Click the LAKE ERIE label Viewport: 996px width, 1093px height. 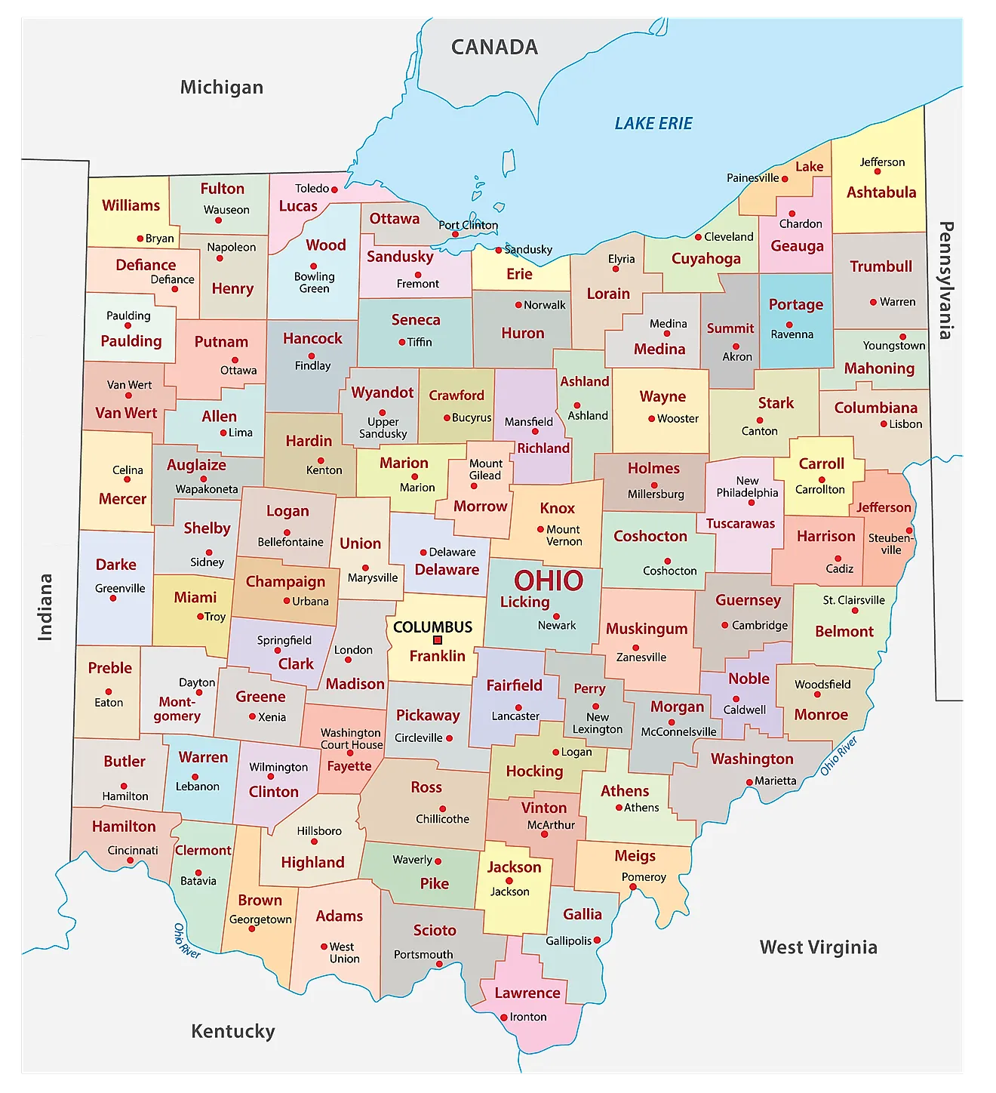[x=653, y=124]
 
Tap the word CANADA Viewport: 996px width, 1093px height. [x=494, y=48]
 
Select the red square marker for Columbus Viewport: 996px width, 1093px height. [x=438, y=640]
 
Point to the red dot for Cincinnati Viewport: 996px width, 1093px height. [x=124, y=861]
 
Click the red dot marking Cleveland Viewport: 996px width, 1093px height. [x=698, y=237]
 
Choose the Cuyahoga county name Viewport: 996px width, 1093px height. [x=705, y=259]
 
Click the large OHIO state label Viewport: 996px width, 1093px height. [x=549, y=580]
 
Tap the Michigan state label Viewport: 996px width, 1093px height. [x=221, y=88]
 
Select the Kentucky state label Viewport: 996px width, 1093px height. [x=232, y=1031]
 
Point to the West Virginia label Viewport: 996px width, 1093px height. [x=818, y=947]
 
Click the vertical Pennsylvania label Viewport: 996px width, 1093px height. [x=945, y=280]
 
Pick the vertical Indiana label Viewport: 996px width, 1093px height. [x=45, y=607]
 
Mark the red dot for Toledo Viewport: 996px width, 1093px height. [x=334, y=189]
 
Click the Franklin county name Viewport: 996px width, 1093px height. [x=437, y=656]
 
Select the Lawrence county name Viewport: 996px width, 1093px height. [x=527, y=993]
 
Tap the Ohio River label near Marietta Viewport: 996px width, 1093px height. [x=839, y=756]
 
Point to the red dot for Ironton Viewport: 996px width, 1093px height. [x=504, y=1018]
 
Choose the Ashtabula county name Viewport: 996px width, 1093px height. [x=881, y=192]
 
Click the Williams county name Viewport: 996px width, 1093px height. [x=131, y=205]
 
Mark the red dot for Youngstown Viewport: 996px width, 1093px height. [x=902, y=337]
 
